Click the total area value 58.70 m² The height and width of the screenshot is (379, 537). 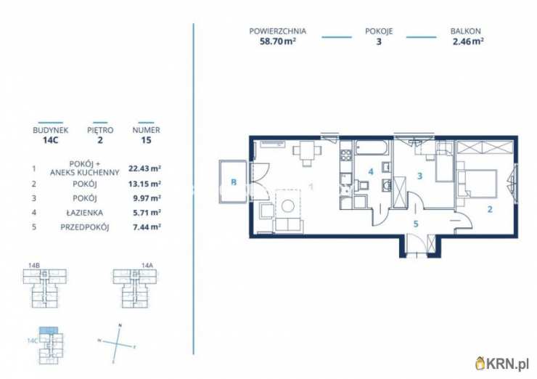tap(278, 42)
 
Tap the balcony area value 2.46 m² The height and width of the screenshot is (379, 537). tap(468, 42)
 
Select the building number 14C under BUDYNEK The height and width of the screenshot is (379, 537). tap(51, 140)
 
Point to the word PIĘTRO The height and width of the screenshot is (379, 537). tap(100, 130)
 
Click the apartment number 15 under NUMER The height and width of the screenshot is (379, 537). tap(147, 140)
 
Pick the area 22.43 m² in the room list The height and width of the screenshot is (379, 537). tap(144, 168)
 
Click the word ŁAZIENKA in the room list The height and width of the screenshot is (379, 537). tap(85, 213)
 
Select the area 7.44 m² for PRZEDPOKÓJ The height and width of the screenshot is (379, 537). tap(147, 227)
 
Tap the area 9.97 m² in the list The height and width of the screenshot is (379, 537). tap(147, 198)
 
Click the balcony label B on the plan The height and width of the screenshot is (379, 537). tap(234, 182)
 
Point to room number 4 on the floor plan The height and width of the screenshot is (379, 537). tap(371, 171)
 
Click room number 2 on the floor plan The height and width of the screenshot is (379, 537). tap(490, 209)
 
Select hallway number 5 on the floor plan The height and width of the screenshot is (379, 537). tap(416, 224)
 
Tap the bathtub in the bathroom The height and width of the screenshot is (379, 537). tap(372, 147)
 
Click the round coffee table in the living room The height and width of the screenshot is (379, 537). tap(287, 206)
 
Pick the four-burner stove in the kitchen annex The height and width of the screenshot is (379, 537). tap(346, 155)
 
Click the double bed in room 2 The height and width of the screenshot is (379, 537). tap(478, 184)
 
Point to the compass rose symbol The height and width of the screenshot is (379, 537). tap(117, 343)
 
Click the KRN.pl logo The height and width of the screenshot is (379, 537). tap(503, 364)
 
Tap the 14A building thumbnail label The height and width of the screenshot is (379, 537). tap(147, 265)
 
